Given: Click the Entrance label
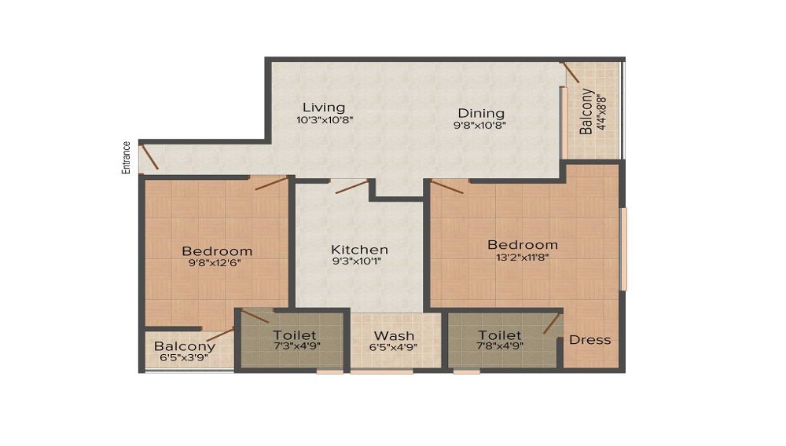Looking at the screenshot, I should click(x=126, y=157).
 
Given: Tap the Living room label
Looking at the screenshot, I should click(x=325, y=108).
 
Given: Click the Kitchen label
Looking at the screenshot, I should click(x=359, y=250).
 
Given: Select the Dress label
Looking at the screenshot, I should click(x=589, y=340).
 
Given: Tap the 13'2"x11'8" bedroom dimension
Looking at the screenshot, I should click(x=522, y=257).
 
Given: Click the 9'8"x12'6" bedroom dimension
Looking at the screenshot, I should click(x=217, y=263).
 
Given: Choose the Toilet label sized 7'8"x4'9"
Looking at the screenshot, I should click(x=500, y=335).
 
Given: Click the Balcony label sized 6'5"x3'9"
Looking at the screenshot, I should click(x=185, y=346).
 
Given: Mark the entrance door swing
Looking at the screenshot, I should click(x=149, y=157).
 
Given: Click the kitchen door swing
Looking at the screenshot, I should click(x=350, y=187).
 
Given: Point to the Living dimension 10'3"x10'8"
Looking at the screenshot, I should click(x=325, y=121).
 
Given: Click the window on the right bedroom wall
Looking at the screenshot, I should click(x=623, y=249).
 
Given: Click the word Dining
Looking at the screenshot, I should click(x=481, y=113).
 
